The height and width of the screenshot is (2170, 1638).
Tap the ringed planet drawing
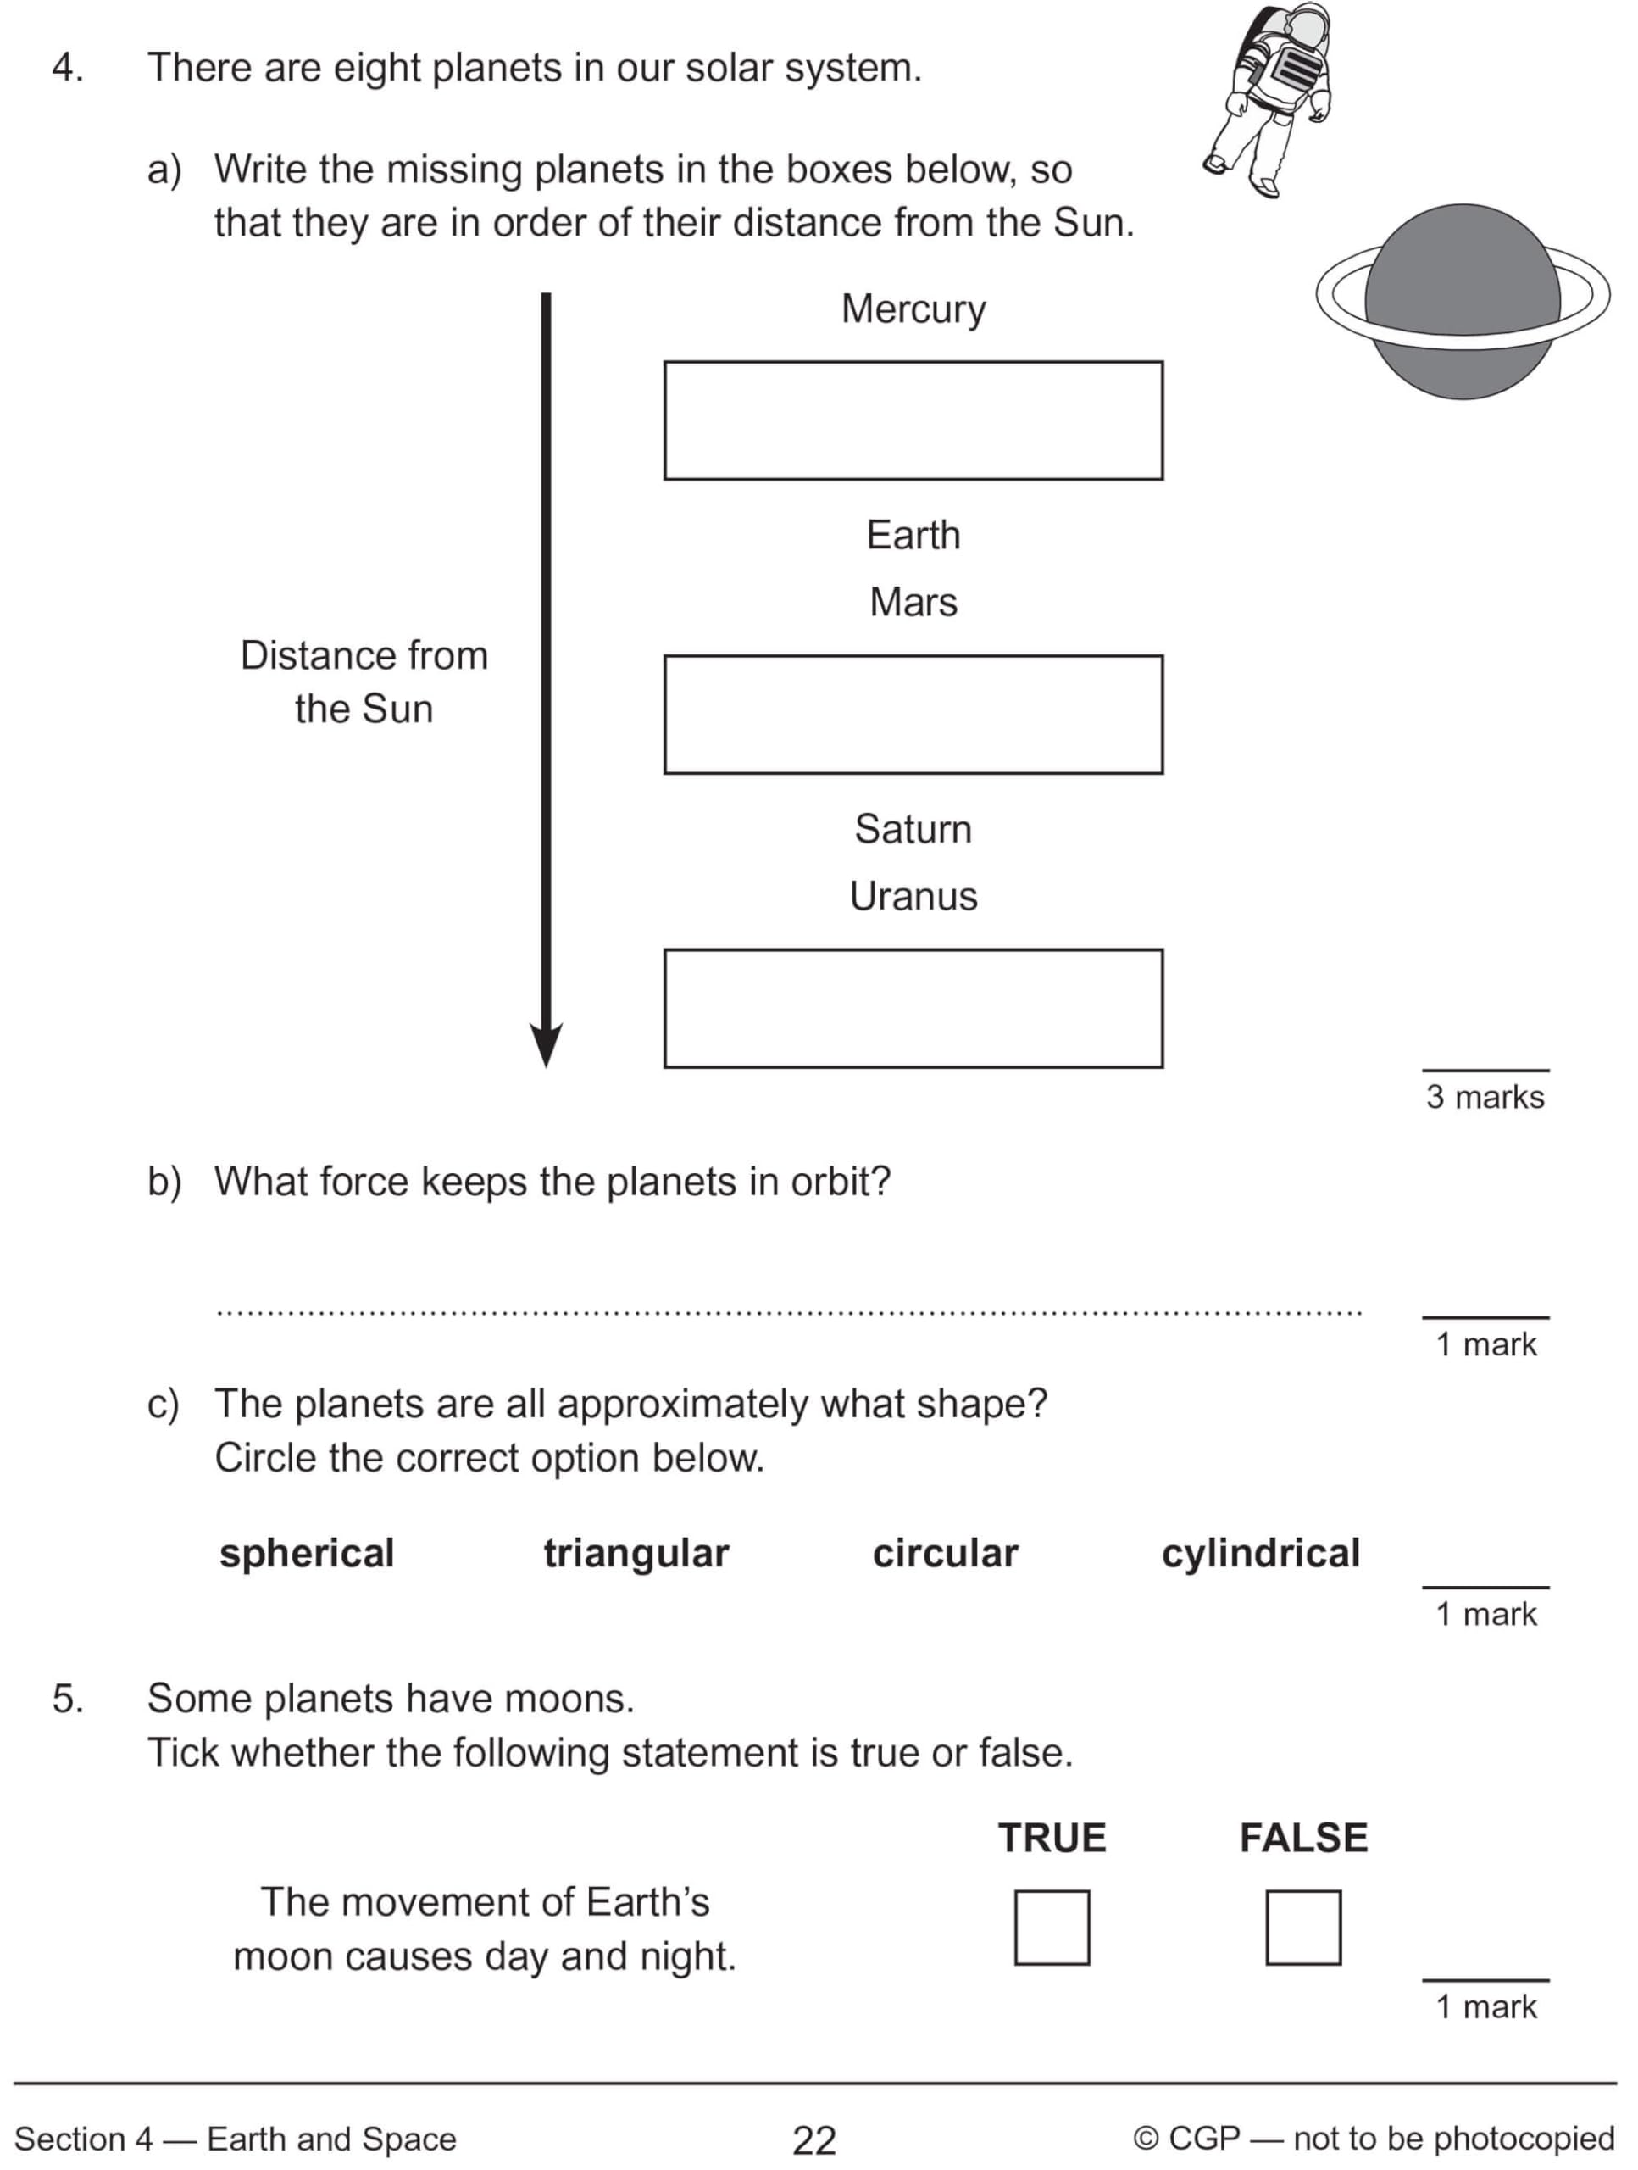[x=1463, y=301]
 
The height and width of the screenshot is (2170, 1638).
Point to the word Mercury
[x=913, y=310]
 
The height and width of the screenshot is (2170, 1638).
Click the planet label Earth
[x=913, y=535]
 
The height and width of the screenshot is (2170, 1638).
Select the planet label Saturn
[x=913, y=829]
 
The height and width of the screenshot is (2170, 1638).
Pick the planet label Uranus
[x=913, y=896]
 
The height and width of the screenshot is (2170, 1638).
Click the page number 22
[x=814, y=2139]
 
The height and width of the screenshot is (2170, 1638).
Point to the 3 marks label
[x=1485, y=1097]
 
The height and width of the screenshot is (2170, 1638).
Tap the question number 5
[x=67, y=1699]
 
